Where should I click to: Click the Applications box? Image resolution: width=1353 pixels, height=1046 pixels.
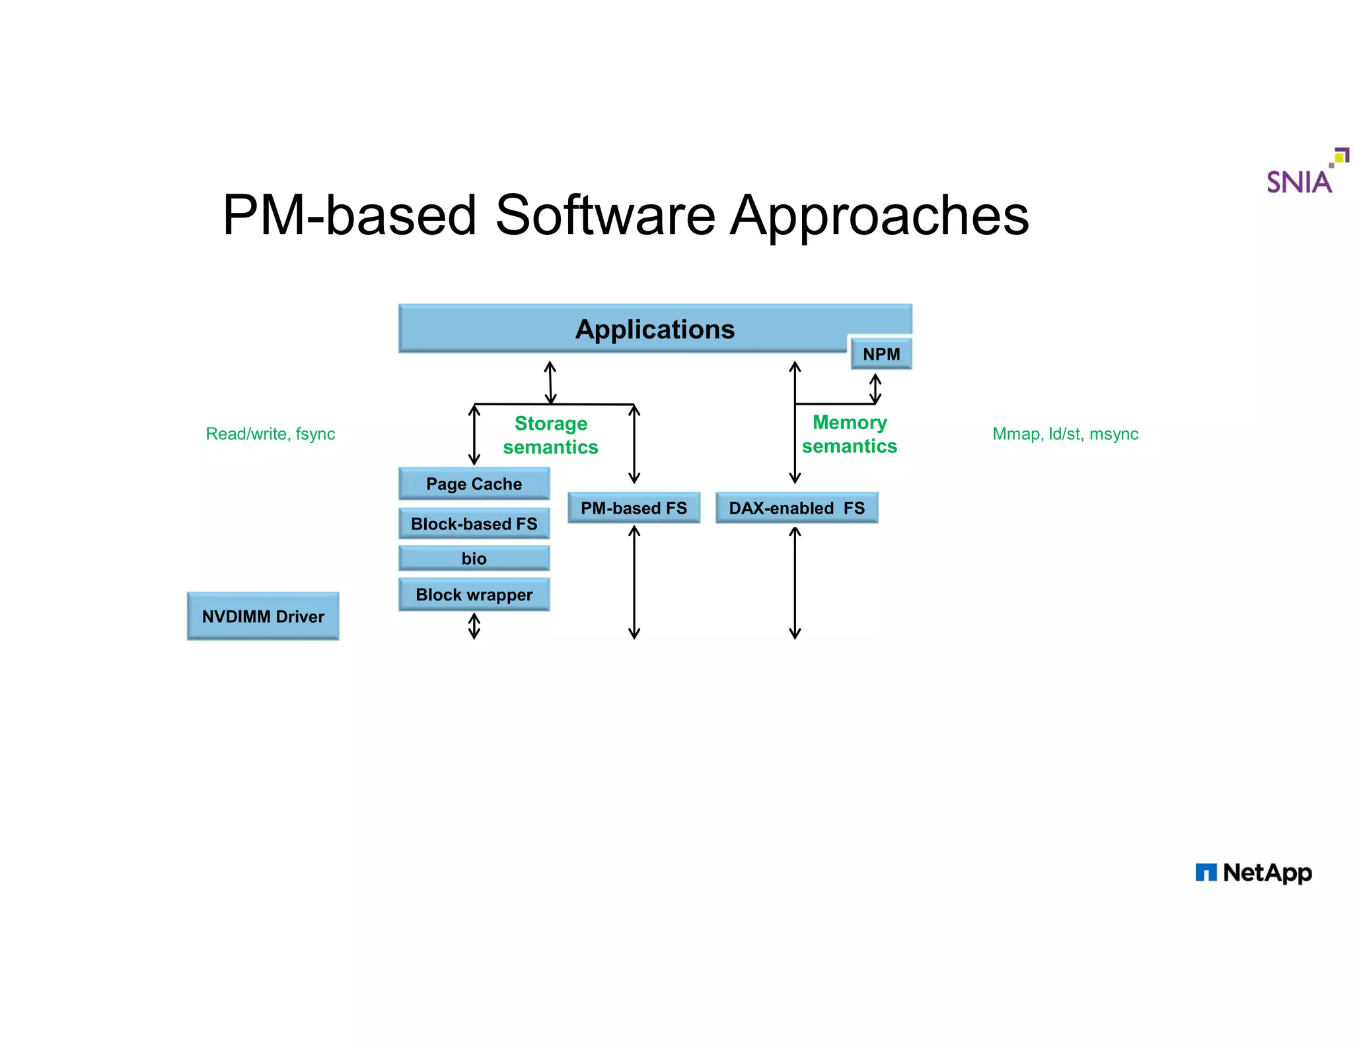pyautogui.click(x=654, y=329)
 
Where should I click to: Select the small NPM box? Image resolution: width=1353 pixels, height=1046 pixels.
pyautogui.click(x=881, y=354)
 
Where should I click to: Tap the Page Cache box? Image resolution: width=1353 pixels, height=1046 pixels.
pyautogui.click(x=474, y=484)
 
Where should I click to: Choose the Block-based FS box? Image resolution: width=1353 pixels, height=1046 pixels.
pyautogui.click(x=474, y=524)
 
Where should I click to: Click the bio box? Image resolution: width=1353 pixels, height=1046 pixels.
pyautogui.click(x=474, y=559)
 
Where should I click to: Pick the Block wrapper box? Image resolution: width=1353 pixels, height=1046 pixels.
pyautogui.click(x=474, y=594)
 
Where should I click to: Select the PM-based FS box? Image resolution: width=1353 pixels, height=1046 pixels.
pyautogui.click(x=634, y=508)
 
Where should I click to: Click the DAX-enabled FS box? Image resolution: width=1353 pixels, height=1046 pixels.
pyautogui.click(x=796, y=508)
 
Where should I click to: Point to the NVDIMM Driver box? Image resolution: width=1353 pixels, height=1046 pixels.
pyautogui.click(x=263, y=616)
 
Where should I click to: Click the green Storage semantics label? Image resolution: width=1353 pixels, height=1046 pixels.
pyautogui.click(x=550, y=435)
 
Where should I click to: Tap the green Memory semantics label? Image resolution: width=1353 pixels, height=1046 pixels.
pyautogui.click(x=849, y=434)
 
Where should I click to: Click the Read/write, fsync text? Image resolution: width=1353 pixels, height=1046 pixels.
pyautogui.click(x=270, y=434)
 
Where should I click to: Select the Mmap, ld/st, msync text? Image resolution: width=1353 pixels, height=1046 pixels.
pyautogui.click(x=1065, y=434)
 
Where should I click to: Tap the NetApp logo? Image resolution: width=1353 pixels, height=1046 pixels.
pyautogui.click(x=1253, y=873)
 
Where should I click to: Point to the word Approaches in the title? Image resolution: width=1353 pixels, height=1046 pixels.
pyautogui.click(x=879, y=216)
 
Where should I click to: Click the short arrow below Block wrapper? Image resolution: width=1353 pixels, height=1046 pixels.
pyautogui.click(x=474, y=625)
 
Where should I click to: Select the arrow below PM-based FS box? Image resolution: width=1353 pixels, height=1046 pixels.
pyautogui.click(x=634, y=582)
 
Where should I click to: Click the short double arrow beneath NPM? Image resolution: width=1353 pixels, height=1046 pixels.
pyautogui.click(x=875, y=388)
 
